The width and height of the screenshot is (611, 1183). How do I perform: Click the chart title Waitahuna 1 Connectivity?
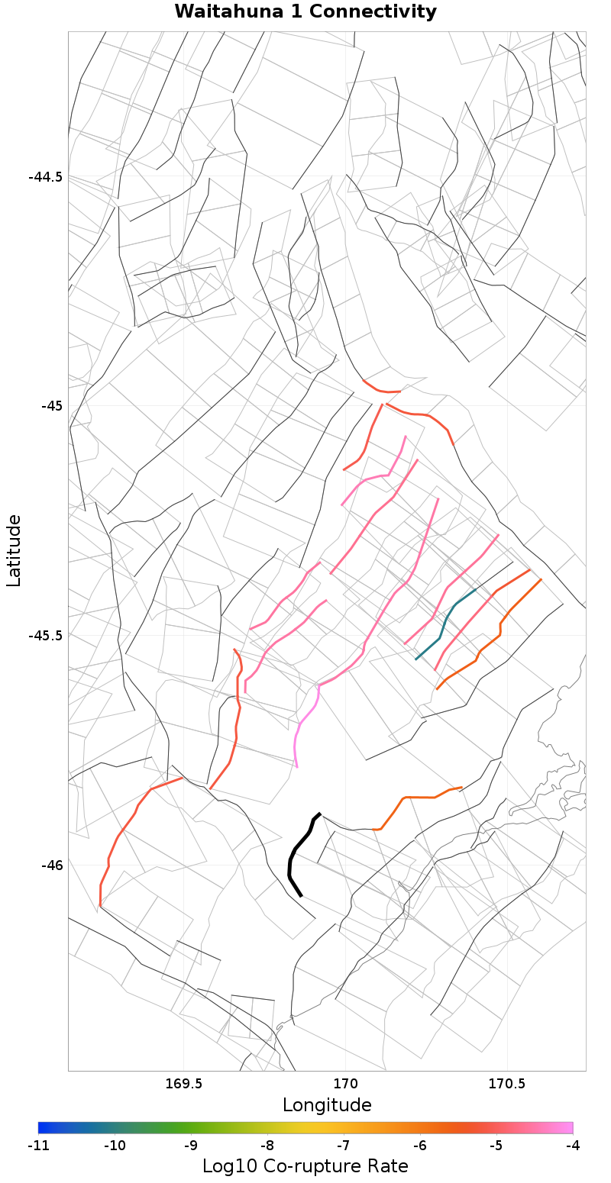(305, 12)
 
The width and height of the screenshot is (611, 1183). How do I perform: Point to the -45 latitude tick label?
(51, 405)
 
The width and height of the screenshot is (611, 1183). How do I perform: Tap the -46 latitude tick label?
(51, 865)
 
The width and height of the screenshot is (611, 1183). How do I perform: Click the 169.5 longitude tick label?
(183, 1084)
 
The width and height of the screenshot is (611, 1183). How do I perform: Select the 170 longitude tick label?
(345, 1084)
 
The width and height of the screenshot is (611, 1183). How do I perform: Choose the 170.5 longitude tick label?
(506, 1084)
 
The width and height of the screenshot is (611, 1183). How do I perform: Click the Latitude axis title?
(14, 550)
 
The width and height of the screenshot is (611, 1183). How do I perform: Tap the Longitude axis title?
(327, 1105)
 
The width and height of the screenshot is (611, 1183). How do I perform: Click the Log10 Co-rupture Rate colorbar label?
(305, 1166)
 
